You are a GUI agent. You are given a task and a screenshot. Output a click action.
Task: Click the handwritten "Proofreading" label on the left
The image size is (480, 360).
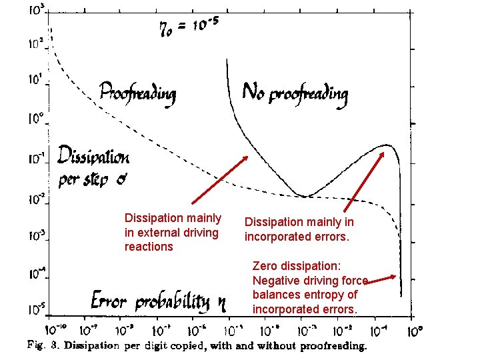[137, 93]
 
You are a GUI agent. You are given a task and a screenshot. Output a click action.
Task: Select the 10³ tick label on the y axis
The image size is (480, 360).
[37, 11]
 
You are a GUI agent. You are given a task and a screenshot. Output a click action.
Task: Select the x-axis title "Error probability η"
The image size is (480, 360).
[159, 301]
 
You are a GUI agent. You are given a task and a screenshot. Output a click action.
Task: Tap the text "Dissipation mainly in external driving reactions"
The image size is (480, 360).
[173, 232]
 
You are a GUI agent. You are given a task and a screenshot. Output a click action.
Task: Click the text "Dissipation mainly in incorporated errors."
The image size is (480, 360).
[299, 229]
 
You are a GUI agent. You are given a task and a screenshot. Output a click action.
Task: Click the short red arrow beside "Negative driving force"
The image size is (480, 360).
[381, 280]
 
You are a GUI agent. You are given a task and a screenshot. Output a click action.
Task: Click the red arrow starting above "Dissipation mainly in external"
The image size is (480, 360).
[220, 180]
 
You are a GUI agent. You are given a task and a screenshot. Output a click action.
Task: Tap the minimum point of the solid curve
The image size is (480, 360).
[305, 196]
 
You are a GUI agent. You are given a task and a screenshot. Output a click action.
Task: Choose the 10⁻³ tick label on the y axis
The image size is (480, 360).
[35, 235]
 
